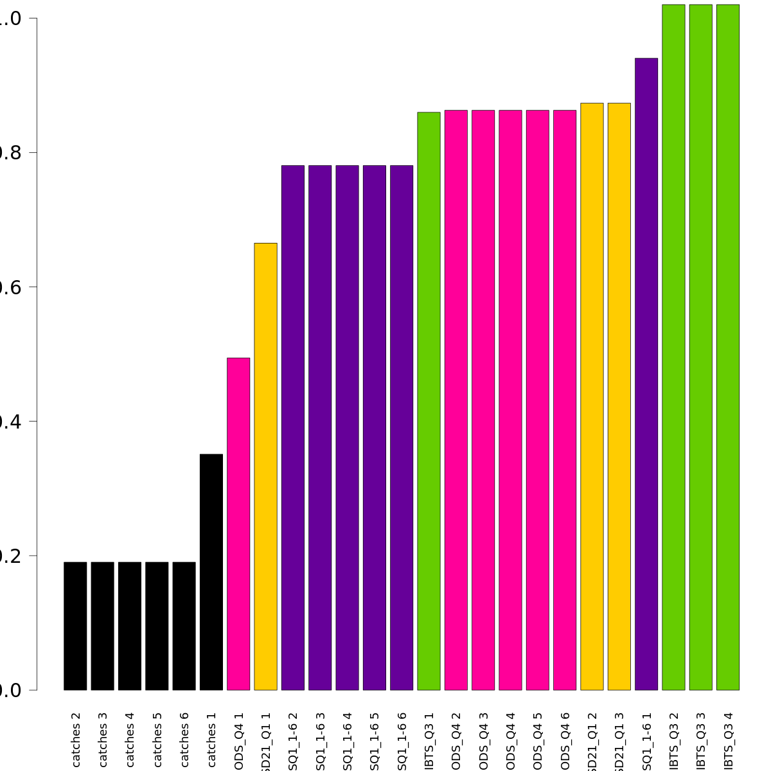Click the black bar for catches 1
(211, 572)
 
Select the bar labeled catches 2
(75, 626)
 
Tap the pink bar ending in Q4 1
(238, 524)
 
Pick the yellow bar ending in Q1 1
(265, 466)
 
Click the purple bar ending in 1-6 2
(293, 428)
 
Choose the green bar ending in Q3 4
(728, 347)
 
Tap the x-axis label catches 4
(130, 739)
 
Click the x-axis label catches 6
(184, 739)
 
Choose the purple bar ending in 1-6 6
(402, 428)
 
